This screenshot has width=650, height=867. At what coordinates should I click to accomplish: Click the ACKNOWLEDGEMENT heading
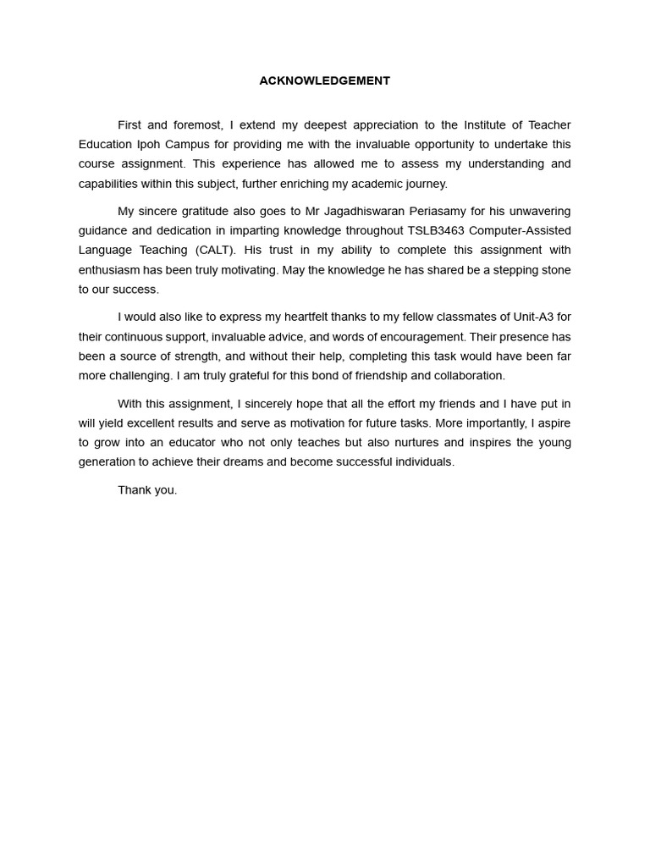(324, 81)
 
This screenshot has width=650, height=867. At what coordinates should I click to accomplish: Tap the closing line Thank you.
(147, 490)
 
